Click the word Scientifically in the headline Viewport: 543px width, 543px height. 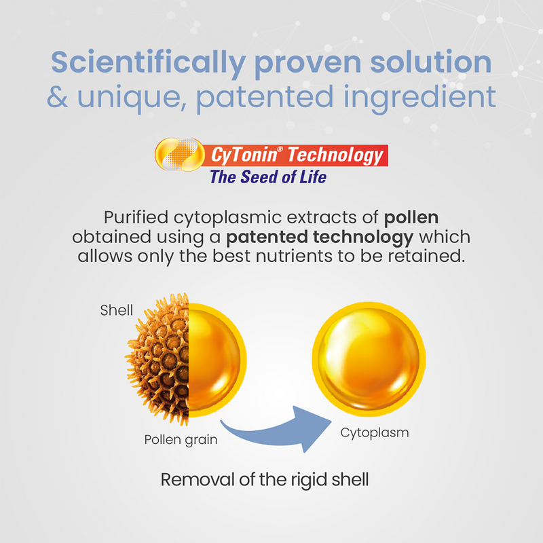(x=149, y=63)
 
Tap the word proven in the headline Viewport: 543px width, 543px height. (x=308, y=64)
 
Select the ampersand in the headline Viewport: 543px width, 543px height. (x=58, y=97)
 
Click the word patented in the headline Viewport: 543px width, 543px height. (x=265, y=98)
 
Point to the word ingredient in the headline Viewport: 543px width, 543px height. (x=419, y=98)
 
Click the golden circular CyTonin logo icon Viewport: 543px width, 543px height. (x=180, y=155)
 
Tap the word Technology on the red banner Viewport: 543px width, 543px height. (x=335, y=155)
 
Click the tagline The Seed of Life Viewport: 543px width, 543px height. (x=268, y=177)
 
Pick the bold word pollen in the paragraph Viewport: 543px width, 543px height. (x=411, y=218)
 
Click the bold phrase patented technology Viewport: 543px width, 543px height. (x=320, y=238)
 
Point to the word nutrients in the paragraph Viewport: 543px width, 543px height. (x=295, y=257)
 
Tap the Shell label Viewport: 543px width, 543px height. (x=116, y=310)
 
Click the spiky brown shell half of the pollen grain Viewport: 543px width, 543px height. (x=162, y=360)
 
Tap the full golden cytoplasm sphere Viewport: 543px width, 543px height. (x=369, y=359)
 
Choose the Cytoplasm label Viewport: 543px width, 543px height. (x=375, y=433)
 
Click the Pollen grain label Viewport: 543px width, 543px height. (x=181, y=440)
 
